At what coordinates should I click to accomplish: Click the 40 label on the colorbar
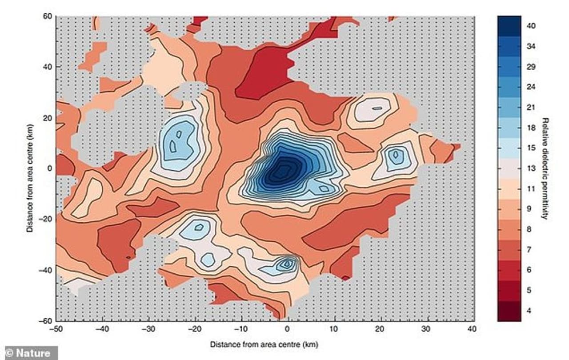pos(532,26)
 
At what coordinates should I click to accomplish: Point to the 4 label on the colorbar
pos(529,310)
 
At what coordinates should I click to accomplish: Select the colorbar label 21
pos(531,107)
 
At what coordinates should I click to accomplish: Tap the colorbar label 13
pos(531,168)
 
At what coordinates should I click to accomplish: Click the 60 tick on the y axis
pos(48,16)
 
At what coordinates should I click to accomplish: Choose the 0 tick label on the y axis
pos(50,168)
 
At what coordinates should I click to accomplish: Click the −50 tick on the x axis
pos(56,329)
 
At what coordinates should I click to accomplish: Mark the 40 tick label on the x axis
pos(472,329)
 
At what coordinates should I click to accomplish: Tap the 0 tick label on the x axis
pos(287,329)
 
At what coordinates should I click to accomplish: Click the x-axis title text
pos(264,344)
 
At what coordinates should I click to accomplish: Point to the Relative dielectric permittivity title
pos(544,168)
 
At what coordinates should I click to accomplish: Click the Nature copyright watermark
pos(29,353)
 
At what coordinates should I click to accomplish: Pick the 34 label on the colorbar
pos(531,46)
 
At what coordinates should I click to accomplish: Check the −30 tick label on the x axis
pos(148,329)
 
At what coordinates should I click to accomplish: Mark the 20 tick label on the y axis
pos(48,118)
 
